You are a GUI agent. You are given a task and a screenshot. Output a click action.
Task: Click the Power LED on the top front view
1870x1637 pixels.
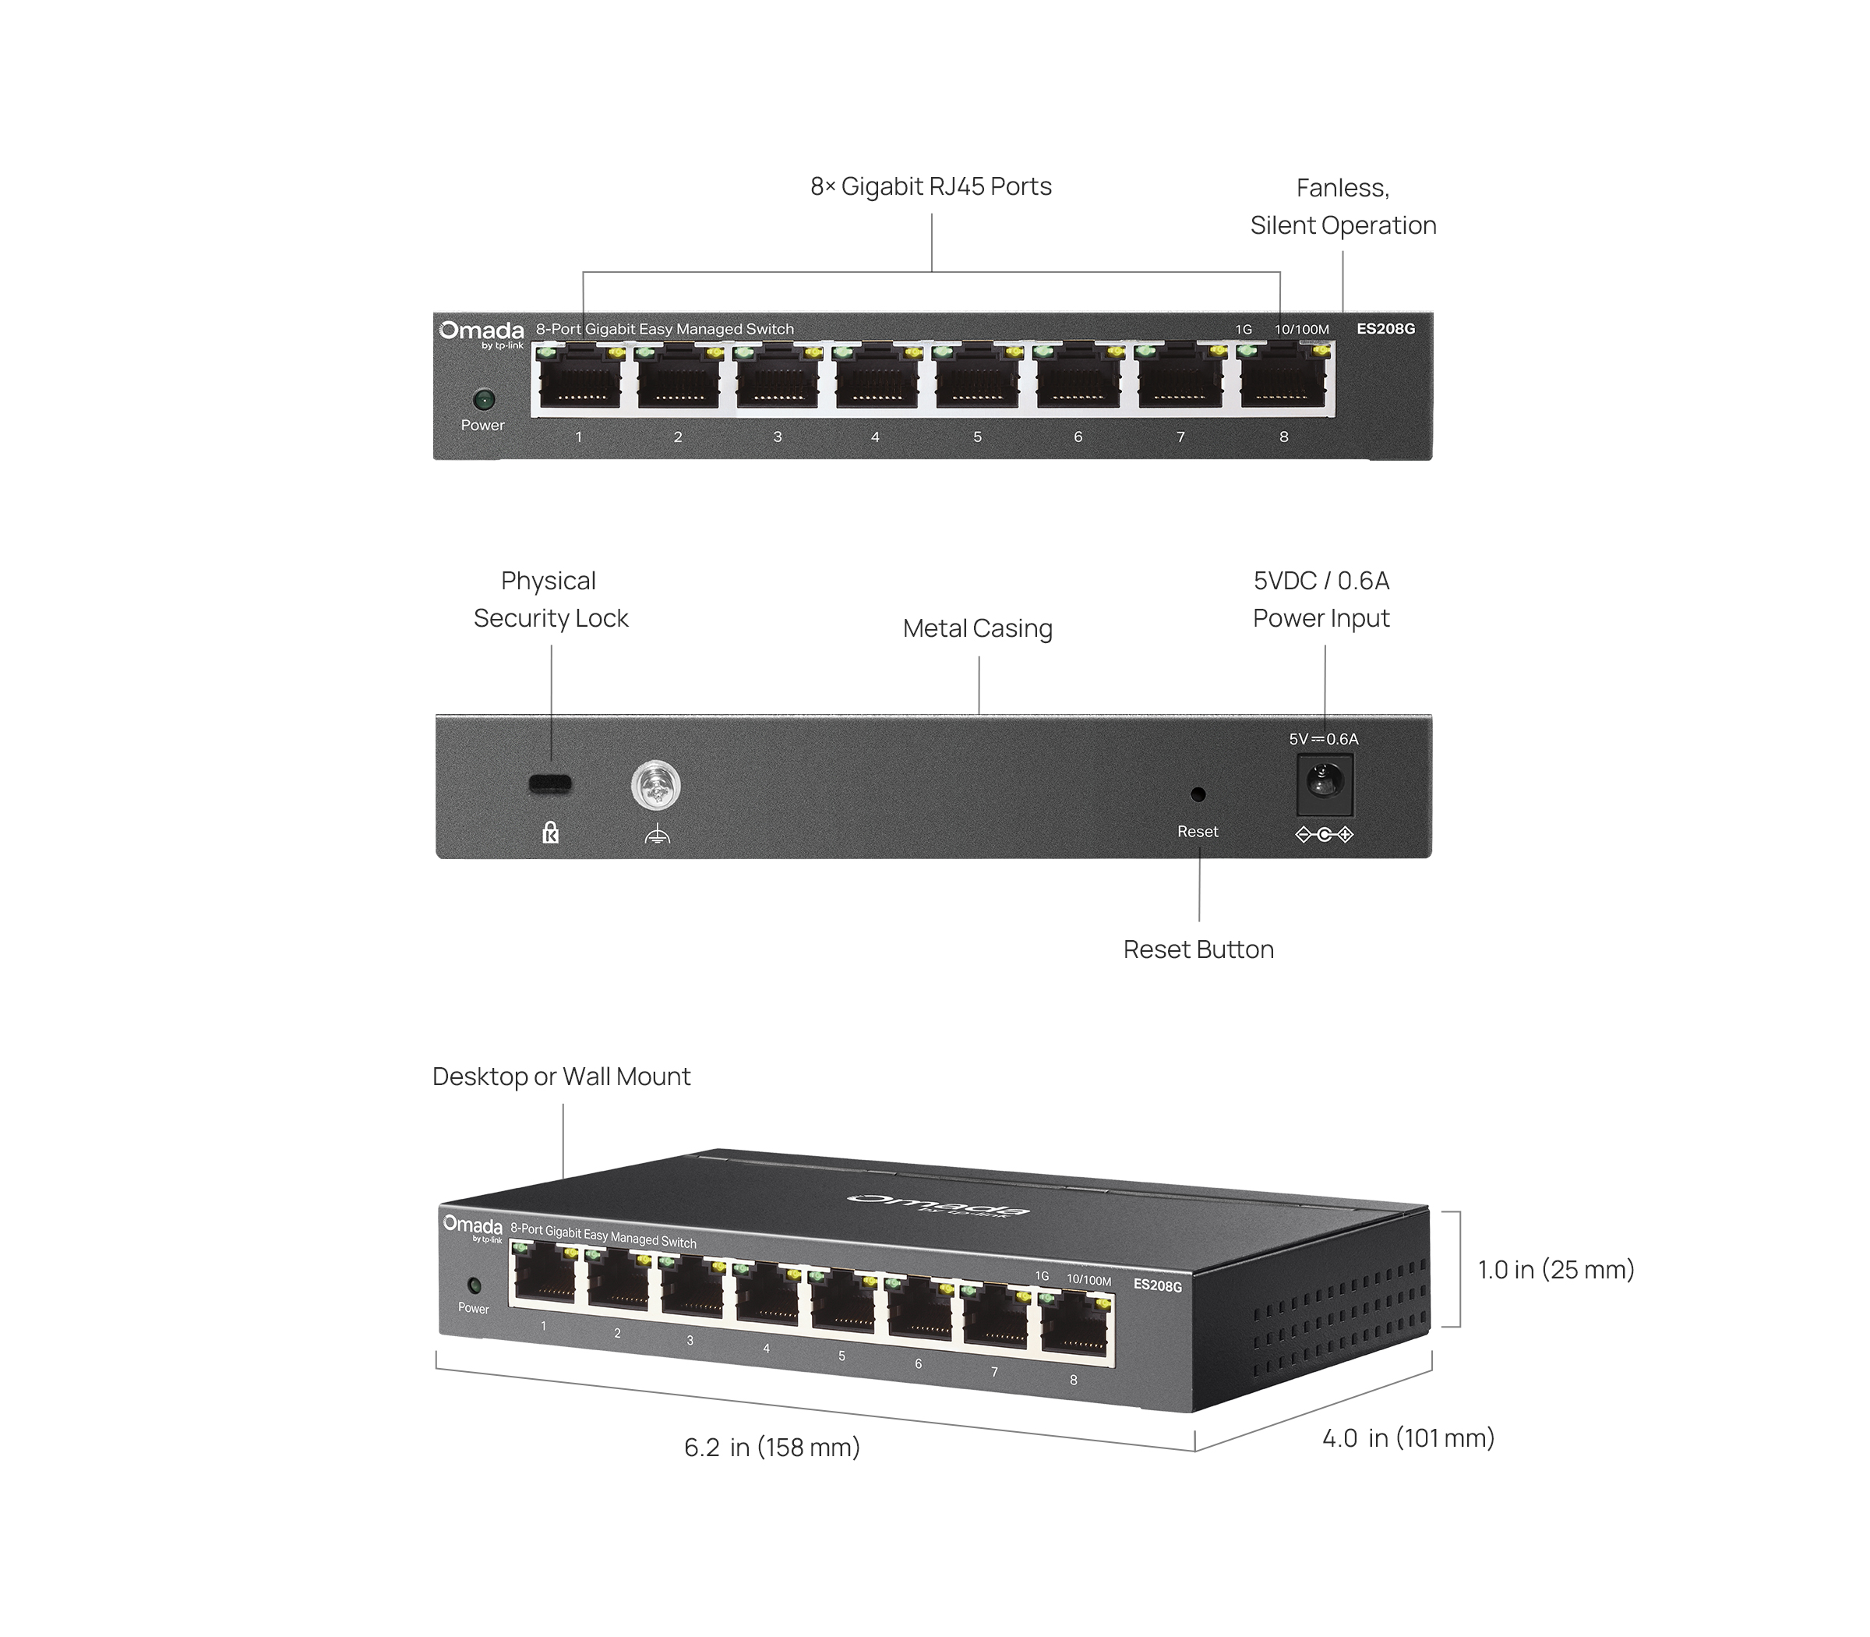(x=483, y=399)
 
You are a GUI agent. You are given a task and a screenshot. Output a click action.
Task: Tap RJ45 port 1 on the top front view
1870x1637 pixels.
(x=580, y=381)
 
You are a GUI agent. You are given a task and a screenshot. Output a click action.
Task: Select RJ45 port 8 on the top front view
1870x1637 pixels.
(x=1283, y=381)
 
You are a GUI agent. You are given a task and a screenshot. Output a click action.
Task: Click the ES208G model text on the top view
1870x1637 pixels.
(x=1385, y=329)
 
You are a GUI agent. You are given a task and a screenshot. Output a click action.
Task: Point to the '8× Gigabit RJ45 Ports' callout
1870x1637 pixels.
(x=930, y=186)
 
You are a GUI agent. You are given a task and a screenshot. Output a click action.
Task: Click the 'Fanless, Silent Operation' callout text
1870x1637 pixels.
(x=1343, y=207)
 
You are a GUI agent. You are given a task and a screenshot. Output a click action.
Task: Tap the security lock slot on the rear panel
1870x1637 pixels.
(x=551, y=783)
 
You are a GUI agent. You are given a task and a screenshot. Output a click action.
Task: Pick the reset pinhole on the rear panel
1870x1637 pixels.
(x=1198, y=795)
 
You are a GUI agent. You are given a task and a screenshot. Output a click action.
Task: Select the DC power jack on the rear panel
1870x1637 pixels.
(x=1324, y=783)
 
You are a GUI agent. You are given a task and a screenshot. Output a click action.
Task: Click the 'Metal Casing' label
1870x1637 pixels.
(x=977, y=628)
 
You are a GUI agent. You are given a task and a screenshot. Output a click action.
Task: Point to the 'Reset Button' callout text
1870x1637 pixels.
(x=1198, y=949)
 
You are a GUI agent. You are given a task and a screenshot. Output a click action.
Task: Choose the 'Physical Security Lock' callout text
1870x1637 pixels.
(x=551, y=599)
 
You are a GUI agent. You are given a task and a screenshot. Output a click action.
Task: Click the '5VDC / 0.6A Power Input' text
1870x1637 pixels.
(x=1321, y=599)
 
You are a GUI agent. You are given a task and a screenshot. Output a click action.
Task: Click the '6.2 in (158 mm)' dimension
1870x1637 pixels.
(x=771, y=1447)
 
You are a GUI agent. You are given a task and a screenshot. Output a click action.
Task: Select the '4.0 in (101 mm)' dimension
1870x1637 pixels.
(x=1408, y=1438)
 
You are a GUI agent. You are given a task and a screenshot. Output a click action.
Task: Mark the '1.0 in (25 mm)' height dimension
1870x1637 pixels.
(x=1555, y=1269)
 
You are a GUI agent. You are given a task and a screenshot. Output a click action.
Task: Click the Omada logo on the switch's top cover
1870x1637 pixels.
(x=938, y=1205)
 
